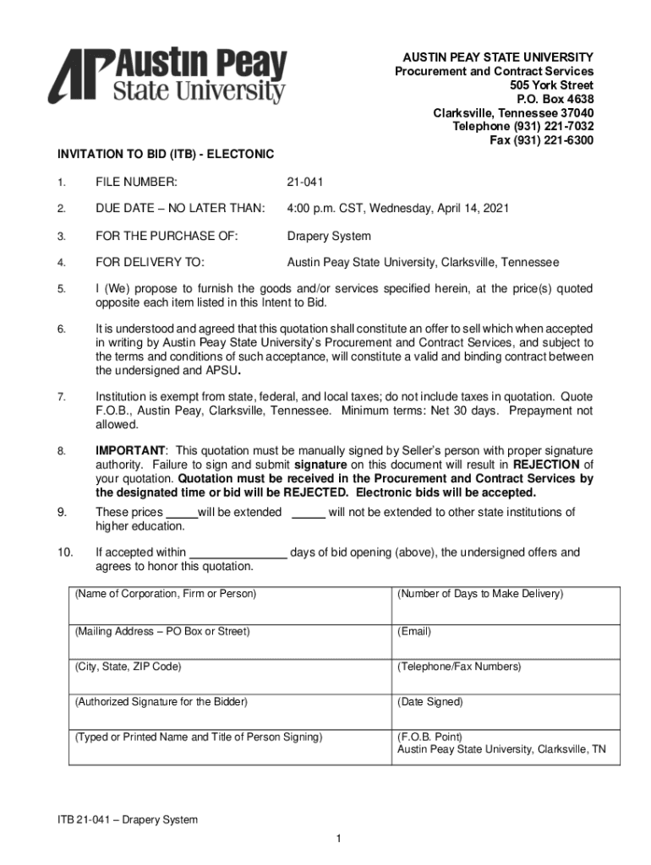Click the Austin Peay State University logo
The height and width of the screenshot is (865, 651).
coord(167,76)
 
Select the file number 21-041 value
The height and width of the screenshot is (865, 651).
coord(305,182)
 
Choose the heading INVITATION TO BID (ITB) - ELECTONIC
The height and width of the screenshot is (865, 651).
coord(166,155)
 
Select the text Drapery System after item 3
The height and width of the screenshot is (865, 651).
coord(329,236)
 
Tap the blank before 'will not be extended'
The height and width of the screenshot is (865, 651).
coord(309,513)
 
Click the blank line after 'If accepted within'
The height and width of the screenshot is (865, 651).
coord(238,553)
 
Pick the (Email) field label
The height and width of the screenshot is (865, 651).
coord(414,631)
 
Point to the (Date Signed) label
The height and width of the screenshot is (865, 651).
coord(430,702)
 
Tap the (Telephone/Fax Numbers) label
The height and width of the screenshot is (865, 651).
coord(459,666)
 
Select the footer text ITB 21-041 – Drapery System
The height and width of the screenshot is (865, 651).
coord(127,819)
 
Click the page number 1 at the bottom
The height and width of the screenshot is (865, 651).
coord(337,838)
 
